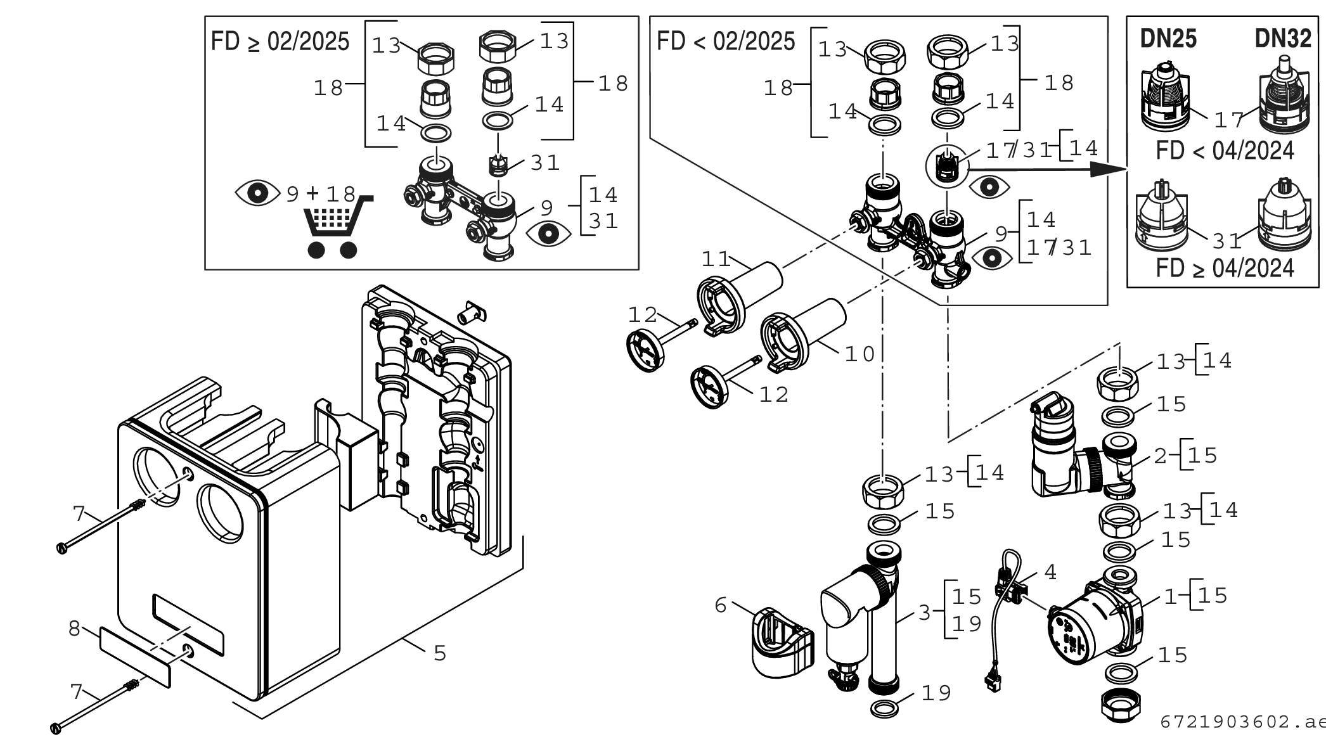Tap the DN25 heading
coord(1168,39)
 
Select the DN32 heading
coord(1283,39)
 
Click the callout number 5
coord(440,653)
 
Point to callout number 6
coord(720,605)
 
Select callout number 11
coord(716,259)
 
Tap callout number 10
coord(859,354)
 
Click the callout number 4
coord(1050,572)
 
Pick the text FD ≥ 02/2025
coord(280,42)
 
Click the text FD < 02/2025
coord(726,42)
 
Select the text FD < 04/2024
coord(1225,151)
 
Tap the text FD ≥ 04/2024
coord(1225,268)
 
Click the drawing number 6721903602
coord(1223,722)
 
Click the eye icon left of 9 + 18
coord(257,193)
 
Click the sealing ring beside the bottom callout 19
coord(885,708)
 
